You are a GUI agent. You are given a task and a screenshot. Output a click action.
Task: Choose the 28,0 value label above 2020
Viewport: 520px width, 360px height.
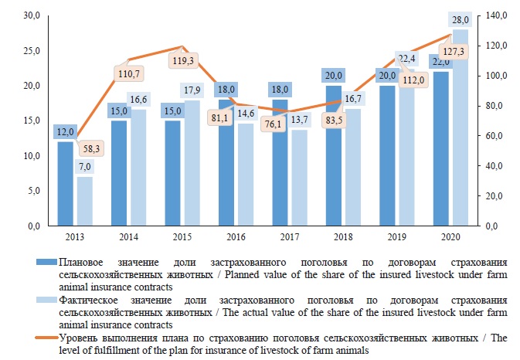(x=459, y=19)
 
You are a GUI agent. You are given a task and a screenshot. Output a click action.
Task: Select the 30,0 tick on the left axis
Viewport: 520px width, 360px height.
(x=33, y=15)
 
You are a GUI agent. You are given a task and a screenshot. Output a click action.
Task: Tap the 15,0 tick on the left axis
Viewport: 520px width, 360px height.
(x=33, y=121)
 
